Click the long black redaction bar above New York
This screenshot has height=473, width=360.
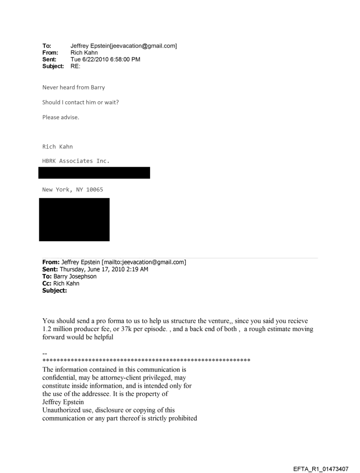click(94, 173)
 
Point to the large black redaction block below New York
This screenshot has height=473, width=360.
click(74, 220)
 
